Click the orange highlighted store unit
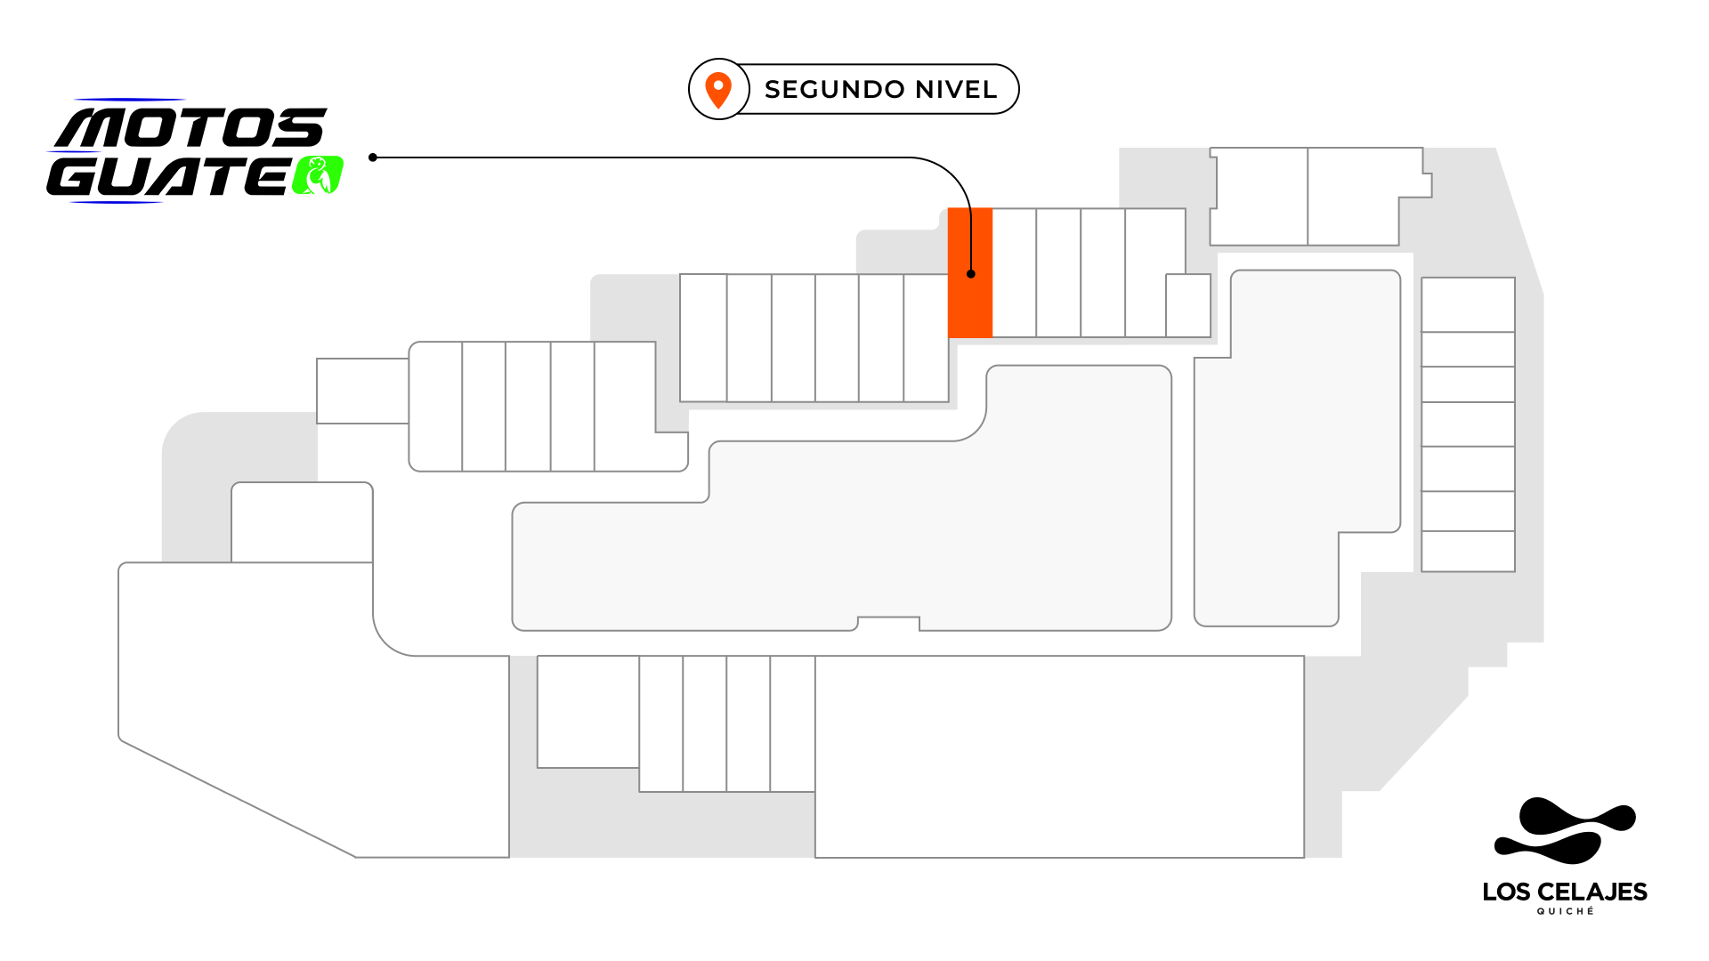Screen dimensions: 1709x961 coord(970,273)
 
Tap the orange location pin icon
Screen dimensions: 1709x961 coord(718,90)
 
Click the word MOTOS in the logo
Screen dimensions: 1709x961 coord(191,128)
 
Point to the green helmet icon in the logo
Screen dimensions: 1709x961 coord(318,175)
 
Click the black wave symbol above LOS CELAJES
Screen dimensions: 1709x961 coord(1565,830)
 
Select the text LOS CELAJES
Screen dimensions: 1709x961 coord(1565,892)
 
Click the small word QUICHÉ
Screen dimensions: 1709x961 coord(1566,911)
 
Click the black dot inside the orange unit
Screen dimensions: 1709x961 coord(971,274)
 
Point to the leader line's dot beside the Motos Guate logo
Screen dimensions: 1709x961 coord(373,157)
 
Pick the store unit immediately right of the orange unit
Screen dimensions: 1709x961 coord(1015,273)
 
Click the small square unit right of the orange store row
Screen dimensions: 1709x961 coord(1188,305)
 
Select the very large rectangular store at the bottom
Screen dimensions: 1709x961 coord(1059,757)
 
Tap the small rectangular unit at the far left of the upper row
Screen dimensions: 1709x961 coord(363,391)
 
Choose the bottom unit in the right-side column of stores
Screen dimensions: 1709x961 coord(1468,551)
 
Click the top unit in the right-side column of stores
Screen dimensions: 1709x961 coord(1468,304)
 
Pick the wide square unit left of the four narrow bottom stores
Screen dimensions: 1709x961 coord(588,712)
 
